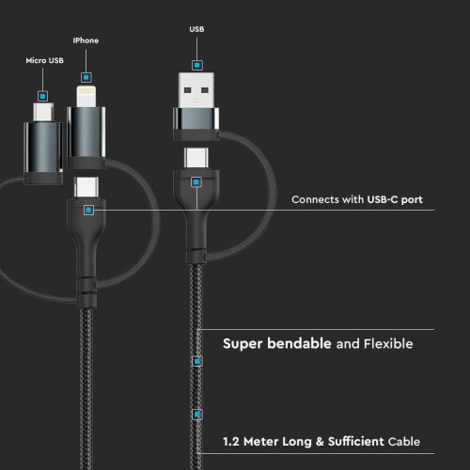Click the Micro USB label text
(x=44, y=60)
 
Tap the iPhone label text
(x=86, y=40)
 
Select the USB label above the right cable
(x=196, y=29)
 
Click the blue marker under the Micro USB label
(x=43, y=96)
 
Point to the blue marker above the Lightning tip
(x=86, y=77)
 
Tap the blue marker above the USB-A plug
(x=197, y=65)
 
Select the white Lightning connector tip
(x=86, y=97)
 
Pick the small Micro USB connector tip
(x=43, y=112)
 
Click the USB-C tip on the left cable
(x=86, y=187)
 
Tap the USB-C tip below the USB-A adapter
(x=196, y=158)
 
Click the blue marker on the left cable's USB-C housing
(x=89, y=210)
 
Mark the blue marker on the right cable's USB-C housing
(x=196, y=182)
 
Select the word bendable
(x=299, y=343)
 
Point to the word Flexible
(x=388, y=344)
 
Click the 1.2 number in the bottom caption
(x=231, y=442)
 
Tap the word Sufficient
(x=356, y=442)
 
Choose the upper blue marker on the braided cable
(x=197, y=361)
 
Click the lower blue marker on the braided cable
(x=197, y=415)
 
